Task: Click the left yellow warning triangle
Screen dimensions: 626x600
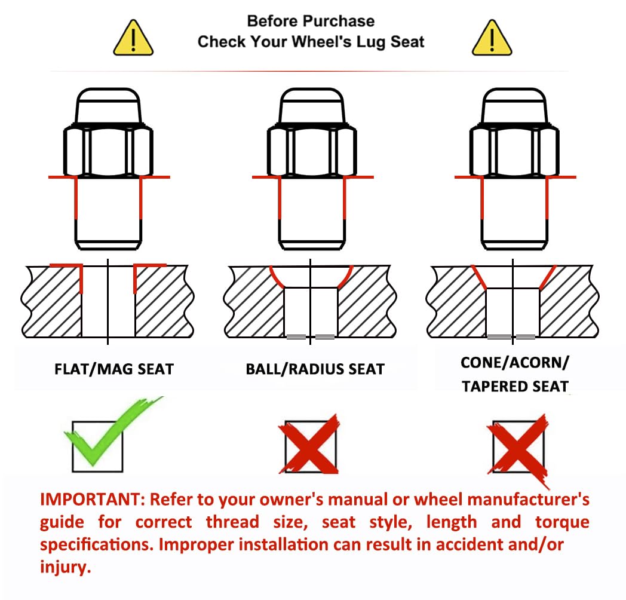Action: (133, 38)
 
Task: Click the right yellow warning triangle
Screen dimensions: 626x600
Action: (492, 38)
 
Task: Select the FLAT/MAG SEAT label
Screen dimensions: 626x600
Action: (114, 369)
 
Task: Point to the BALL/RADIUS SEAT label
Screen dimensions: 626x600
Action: (315, 369)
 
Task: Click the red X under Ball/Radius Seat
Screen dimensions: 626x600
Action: (309, 444)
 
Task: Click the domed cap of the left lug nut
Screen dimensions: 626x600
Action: (108, 105)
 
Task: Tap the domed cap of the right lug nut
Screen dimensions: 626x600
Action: (514, 105)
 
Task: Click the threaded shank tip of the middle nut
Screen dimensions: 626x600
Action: (311, 244)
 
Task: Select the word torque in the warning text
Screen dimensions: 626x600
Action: (562, 522)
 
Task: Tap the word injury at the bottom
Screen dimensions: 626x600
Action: (66, 567)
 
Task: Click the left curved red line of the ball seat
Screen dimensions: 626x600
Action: (277, 277)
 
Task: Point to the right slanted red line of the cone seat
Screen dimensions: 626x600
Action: (548, 277)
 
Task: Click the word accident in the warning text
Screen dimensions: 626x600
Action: (465, 545)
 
